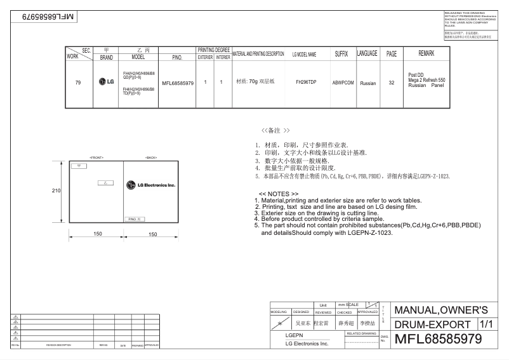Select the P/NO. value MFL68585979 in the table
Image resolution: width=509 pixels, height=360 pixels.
[x=178, y=83]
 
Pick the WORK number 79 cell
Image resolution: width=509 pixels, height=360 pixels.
[x=78, y=83]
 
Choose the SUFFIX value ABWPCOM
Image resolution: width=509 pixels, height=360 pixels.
[x=343, y=83]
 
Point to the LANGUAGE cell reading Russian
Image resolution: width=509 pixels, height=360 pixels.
[x=367, y=83]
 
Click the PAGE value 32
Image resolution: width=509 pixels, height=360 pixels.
[x=392, y=83]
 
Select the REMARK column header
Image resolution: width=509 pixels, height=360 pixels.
[x=426, y=53]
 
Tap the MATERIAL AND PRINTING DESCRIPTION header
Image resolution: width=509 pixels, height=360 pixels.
[x=258, y=54]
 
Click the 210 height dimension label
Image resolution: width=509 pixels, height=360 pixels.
[x=56, y=190]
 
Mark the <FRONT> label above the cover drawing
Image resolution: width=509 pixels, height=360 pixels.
[x=96, y=157]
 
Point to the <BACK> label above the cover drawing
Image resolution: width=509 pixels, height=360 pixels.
[x=151, y=157]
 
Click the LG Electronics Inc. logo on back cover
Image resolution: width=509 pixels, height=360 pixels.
[x=151, y=185]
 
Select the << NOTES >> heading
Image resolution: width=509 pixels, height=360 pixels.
[x=279, y=194]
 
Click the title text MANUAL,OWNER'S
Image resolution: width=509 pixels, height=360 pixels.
[x=441, y=310]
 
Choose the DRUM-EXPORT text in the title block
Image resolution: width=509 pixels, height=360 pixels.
[x=433, y=325]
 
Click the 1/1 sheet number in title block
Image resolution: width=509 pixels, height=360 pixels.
[x=486, y=324]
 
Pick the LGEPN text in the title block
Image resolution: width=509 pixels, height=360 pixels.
[x=294, y=335]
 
